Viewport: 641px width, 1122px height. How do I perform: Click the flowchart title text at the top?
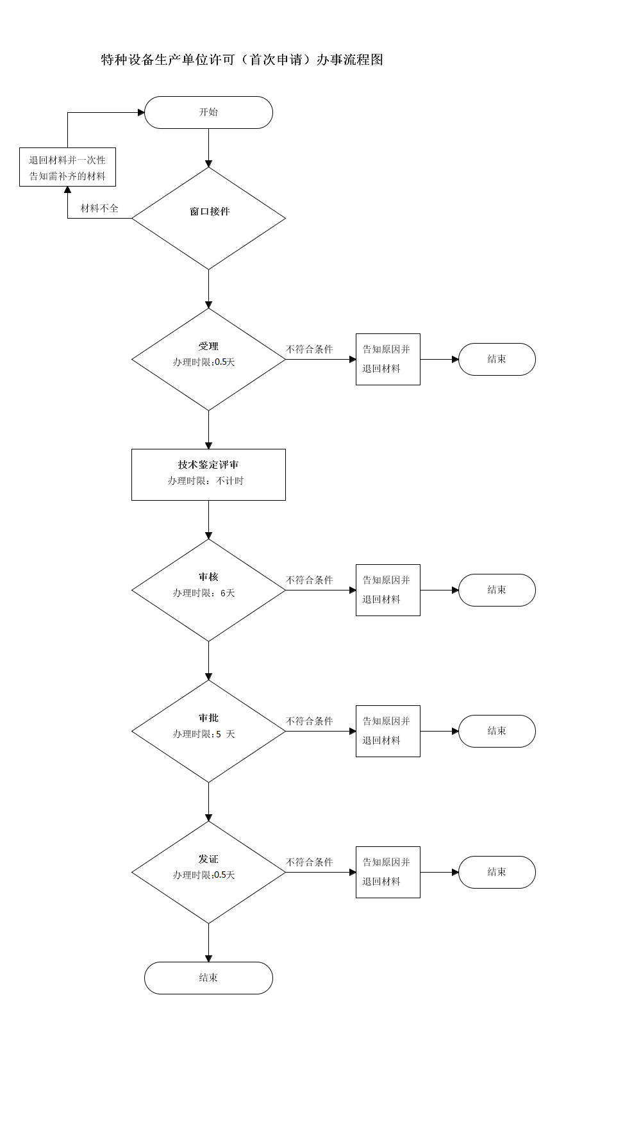(x=242, y=60)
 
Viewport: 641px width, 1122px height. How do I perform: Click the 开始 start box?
(x=208, y=112)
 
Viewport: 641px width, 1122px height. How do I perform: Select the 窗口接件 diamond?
(x=208, y=218)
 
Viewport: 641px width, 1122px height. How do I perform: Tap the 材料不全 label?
(x=99, y=208)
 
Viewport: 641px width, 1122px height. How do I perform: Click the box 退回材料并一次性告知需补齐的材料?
(x=67, y=167)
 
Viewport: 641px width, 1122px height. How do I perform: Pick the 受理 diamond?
(x=208, y=359)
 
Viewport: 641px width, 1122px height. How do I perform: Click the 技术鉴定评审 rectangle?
(x=208, y=474)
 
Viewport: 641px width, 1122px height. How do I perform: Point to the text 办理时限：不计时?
(x=206, y=481)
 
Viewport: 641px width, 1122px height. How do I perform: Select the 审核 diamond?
(x=208, y=590)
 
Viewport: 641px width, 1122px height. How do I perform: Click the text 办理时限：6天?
(x=204, y=593)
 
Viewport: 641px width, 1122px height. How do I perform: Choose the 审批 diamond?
(x=208, y=731)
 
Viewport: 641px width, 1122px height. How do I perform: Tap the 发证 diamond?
(x=208, y=872)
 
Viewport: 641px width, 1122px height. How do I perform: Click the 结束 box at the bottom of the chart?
(x=208, y=978)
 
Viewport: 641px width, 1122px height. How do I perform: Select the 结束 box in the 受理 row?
(x=497, y=359)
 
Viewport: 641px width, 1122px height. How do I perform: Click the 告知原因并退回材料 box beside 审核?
(x=388, y=590)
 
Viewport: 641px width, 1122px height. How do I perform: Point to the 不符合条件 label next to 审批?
(x=310, y=721)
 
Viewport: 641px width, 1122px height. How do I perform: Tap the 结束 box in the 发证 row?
(x=497, y=872)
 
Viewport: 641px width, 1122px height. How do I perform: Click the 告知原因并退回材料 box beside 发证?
(x=388, y=872)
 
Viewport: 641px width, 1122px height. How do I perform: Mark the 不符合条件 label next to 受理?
(x=310, y=349)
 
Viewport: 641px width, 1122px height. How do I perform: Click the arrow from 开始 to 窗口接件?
(x=208, y=148)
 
